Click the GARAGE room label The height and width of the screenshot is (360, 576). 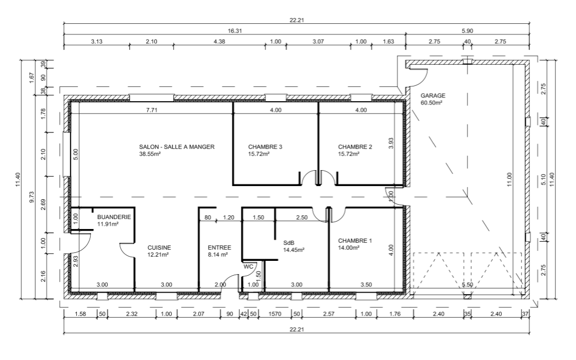pyautogui.click(x=433, y=95)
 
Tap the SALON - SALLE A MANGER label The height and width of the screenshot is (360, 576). pyautogui.click(x=176, y=147)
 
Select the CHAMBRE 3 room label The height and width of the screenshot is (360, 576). pyautogui.click(x=265, y=147)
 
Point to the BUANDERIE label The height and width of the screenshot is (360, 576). pyautogui.click(x=114, y=217)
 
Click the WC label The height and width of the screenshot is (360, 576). pyautogui.click(x=249, y=267)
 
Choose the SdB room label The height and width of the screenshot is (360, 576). pyautogui.click(x=288, y=243)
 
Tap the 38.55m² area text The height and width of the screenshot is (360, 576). pyautogui.click(x=150, y=154)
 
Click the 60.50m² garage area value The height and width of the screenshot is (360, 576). pyautogui.click(x=431, y=103)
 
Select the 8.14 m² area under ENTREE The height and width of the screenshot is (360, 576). pyautogui.click(x=218, y=254)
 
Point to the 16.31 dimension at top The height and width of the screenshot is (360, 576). pyautogui.click(x=235, y=31)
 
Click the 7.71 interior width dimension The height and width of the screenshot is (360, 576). pyautogui.click(x=152, y=110)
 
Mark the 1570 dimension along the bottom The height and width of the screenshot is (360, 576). pyautogui.click(x=275, y=314)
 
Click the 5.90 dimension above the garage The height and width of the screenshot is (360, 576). pyautogui.click(x=467, y=31)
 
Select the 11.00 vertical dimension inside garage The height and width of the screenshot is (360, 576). pyautogui.click(x=509, y=179)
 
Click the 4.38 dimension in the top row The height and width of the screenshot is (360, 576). pyautogui.click(x=219, y=41)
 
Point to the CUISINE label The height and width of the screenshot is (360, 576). pyautogui.click(x=159, y=248)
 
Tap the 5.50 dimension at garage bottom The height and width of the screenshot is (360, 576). pyautogui.click(x=467, y=284)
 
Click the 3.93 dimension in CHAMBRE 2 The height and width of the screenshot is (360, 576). pyautogui.click(x=391, y=143)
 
